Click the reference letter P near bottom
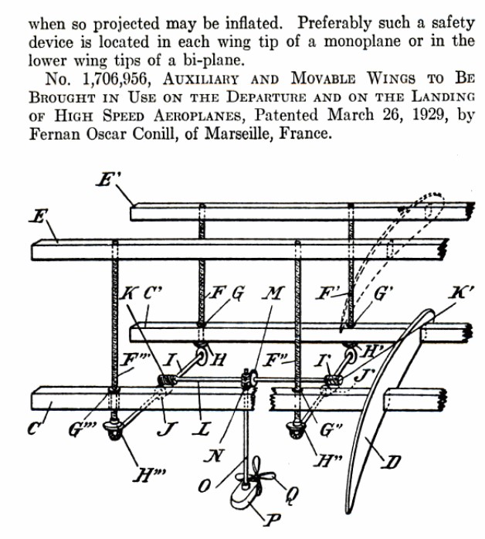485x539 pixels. (270, 520)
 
